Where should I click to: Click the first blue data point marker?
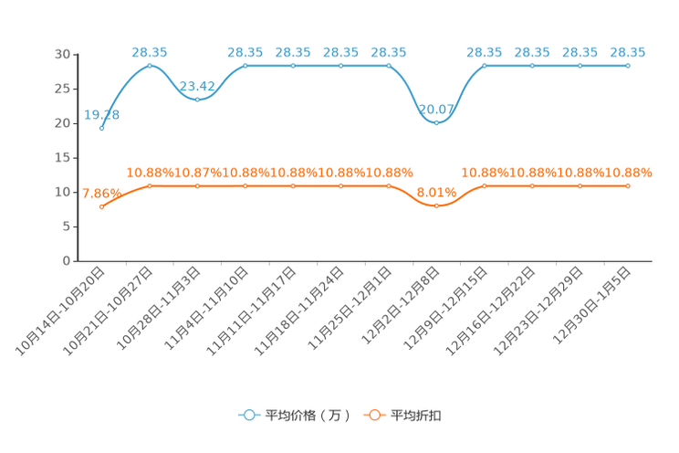102,129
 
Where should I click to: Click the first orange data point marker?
102,207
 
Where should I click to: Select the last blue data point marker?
628,66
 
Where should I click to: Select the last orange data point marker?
628,185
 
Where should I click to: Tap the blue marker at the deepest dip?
437,121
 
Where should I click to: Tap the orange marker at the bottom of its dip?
437,206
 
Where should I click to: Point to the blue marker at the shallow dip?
198,99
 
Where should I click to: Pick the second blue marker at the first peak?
150,66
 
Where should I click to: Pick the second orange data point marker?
150,185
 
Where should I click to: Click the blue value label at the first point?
101,114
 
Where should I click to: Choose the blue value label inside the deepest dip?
437,109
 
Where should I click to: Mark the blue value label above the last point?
628,52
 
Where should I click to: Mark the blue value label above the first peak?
150,52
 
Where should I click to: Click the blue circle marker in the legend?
248,415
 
